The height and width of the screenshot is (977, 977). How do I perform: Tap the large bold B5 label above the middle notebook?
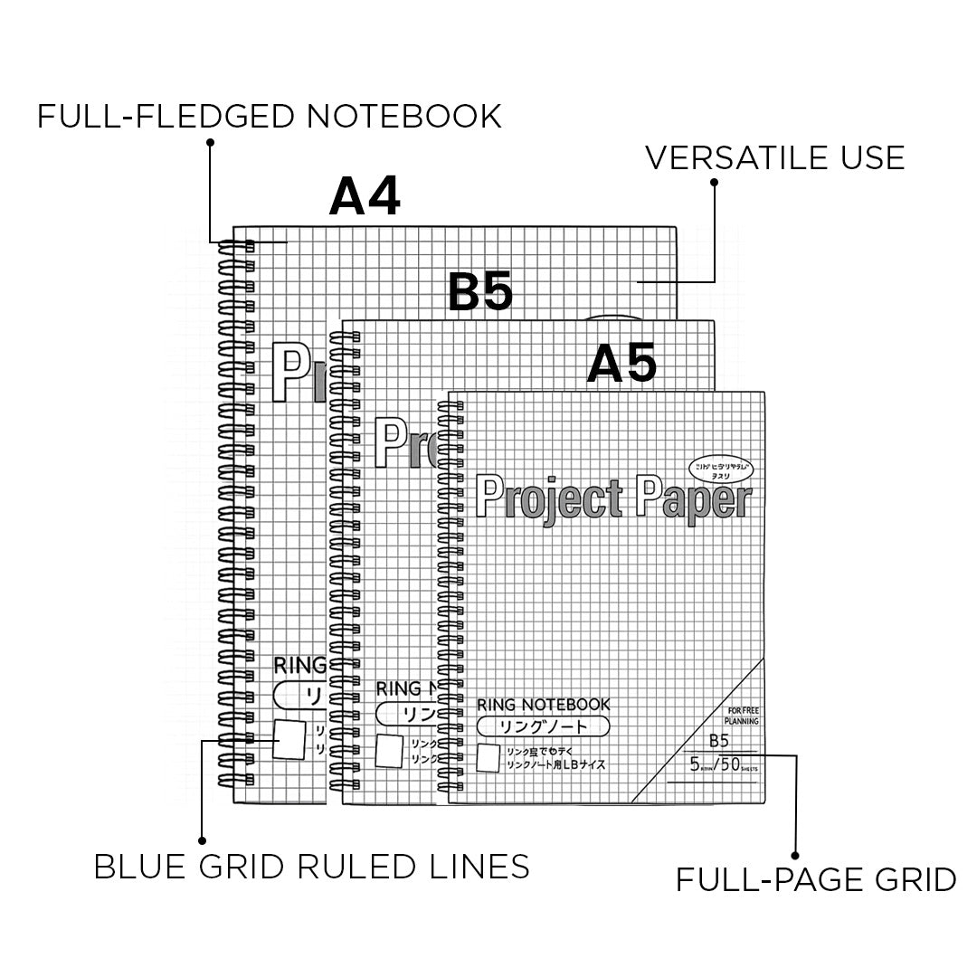(x=480, y=291)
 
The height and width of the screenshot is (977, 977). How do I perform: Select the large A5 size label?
(x=621, y=365)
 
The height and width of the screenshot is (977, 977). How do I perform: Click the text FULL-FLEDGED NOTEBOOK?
(x=270, y=117)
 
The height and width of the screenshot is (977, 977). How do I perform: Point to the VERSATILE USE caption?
(x=774, y=157)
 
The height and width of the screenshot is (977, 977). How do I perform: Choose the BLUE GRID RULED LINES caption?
(x=312, y=867)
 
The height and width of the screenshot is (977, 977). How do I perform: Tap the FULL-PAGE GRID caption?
(x=816, y=879)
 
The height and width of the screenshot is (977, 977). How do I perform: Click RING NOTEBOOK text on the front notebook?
(x=543, y=704)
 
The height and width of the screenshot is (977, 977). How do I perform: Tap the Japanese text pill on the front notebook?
(x=543, y=726)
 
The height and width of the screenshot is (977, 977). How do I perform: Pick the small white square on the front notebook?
(x=488, y=758)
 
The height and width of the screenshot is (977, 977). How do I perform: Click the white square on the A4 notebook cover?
(x=289, y=740)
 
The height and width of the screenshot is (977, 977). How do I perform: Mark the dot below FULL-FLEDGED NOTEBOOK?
(x=210, y=142)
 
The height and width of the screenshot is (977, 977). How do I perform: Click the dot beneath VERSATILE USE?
(x=714, y=182)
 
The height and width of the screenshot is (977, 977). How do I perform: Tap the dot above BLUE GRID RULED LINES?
(x=202, y=840)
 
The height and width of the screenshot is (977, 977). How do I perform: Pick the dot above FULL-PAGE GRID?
(x=796, y=853)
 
